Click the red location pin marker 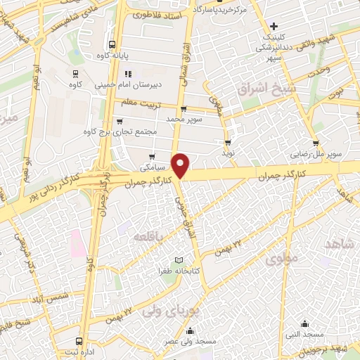pos(181,165)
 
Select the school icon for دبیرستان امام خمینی pos(127,74)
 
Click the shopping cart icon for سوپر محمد pos(184,109)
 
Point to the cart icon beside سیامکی pos(152,157)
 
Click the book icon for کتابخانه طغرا pos(186,260)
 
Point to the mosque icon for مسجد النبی pos(304,323)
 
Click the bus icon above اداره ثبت pos(85,340)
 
